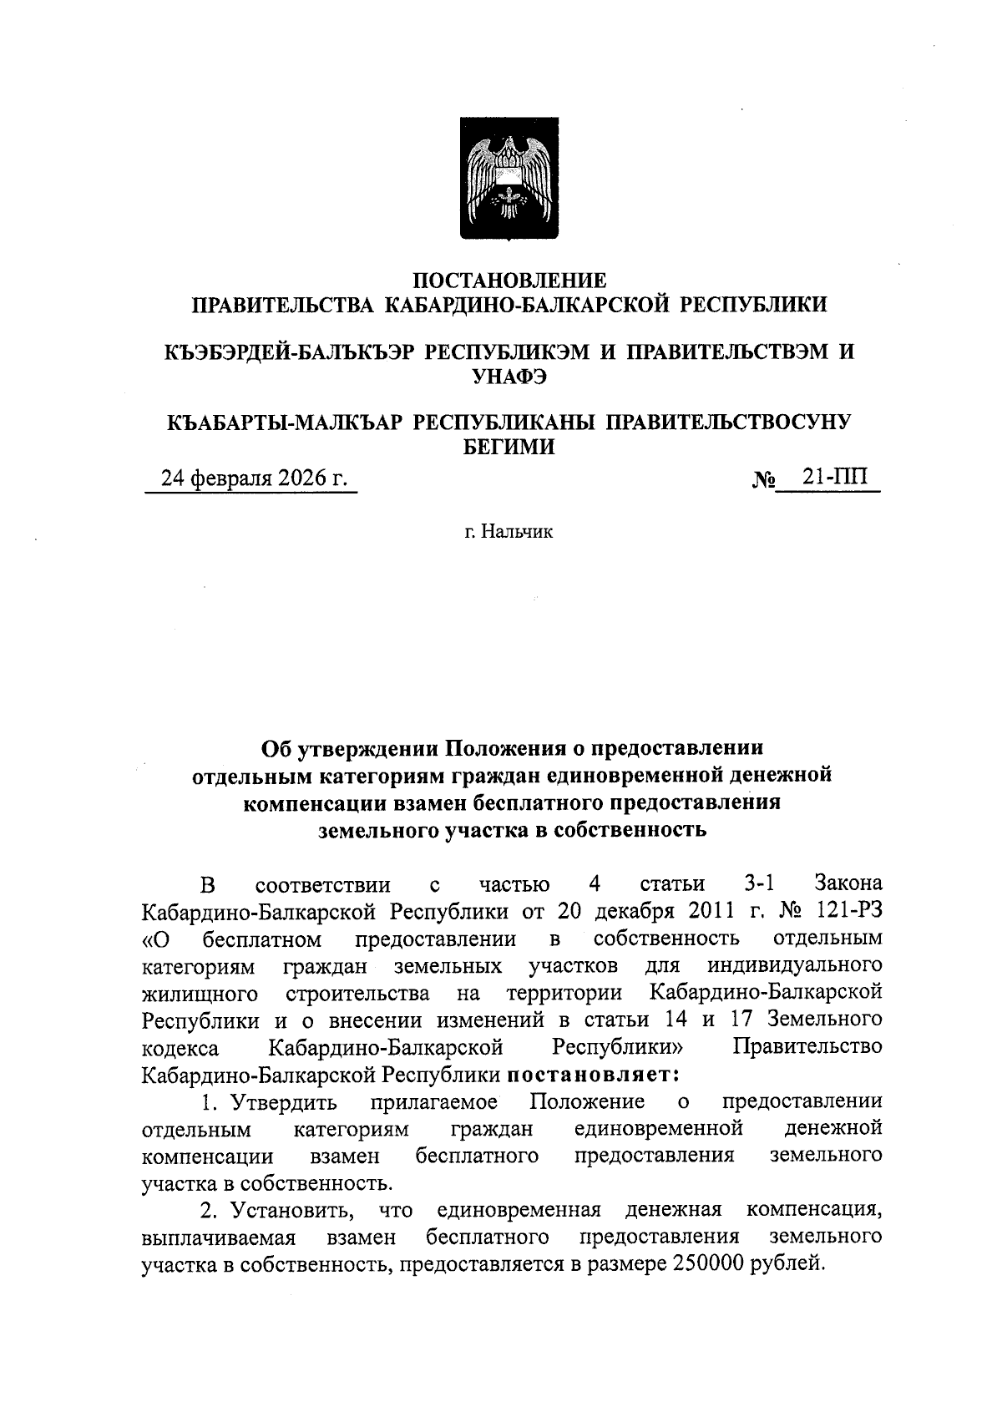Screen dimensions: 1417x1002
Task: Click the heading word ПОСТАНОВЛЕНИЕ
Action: click(509, 281)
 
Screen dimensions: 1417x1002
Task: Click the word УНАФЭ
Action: click(509, 377)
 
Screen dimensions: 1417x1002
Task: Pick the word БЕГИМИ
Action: click(509, 447)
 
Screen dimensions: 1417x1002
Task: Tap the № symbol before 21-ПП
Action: click(765, 480)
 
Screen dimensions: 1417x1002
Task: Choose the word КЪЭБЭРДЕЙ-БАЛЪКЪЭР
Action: click(291, 352)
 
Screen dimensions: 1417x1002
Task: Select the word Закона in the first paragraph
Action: click(848, 883)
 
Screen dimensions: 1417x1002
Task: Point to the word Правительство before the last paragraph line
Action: click(807, 1046)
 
